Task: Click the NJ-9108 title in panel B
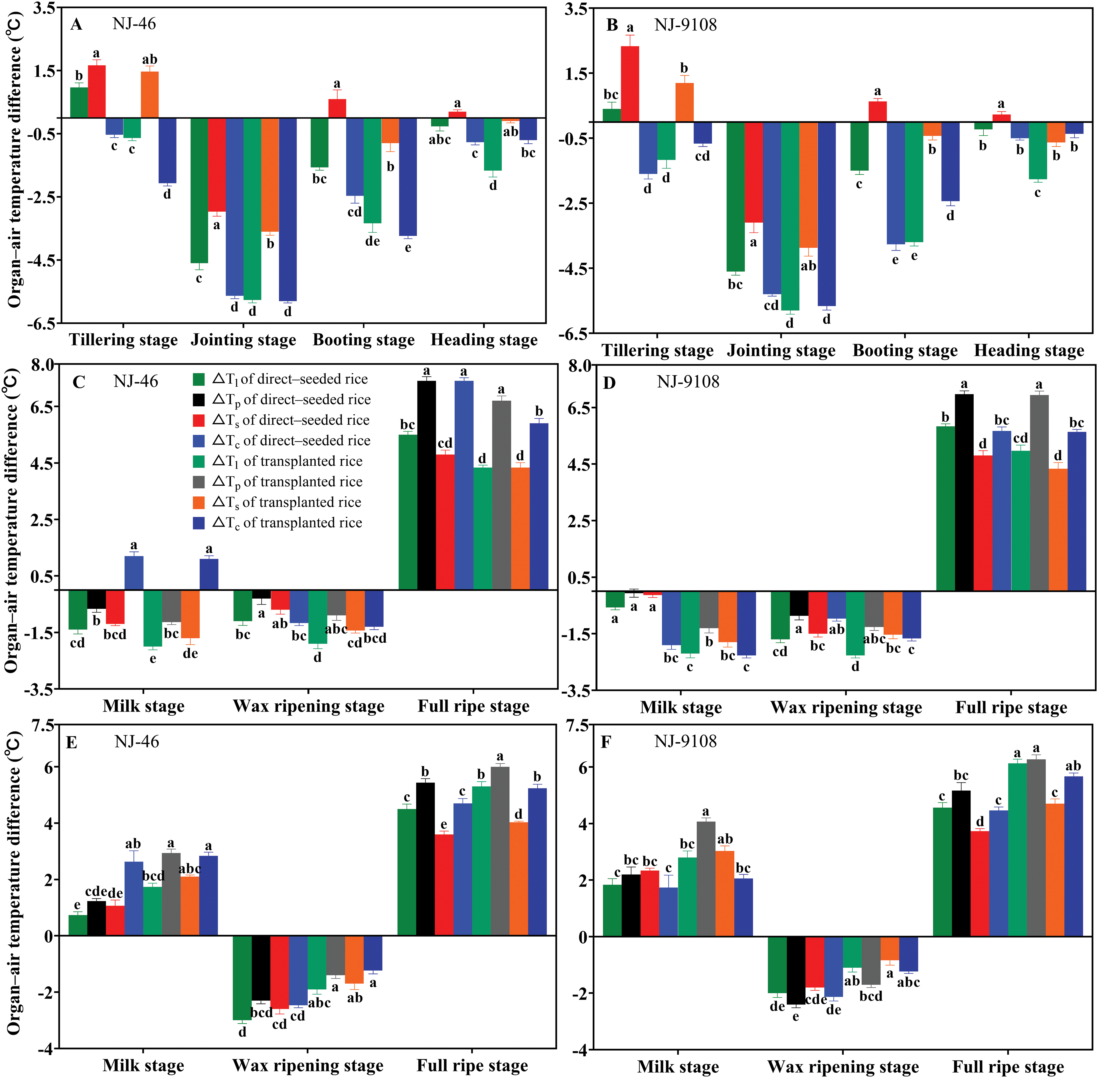pyautogui.click(x=686, y=25)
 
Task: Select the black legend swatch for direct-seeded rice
pyautogui.click(x=199, y=400)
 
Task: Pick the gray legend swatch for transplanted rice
pyautogui.click(x=199, y=482)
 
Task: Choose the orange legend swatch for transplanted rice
pyautogui.click(x=199, y=502)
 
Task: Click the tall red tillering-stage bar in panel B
pyautogui.click(x=630, y=84)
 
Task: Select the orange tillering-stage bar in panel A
pyautogui.click(x=149, y=95)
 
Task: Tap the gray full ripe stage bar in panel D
pyautogui.click(x=1039, y=493)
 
